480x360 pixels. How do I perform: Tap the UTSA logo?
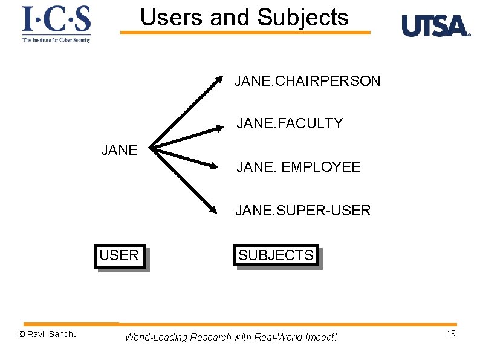[x=435, y=26]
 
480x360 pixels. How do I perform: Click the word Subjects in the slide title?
[x=302, y=17]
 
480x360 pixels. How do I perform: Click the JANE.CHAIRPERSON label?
[x=307, y=81]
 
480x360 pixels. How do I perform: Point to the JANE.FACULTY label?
[x=290, y=123]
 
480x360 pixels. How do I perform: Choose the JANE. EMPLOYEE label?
[x=299, y=167]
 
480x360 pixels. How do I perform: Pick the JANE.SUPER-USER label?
[x=303, y=211]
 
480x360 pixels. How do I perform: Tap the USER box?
[x=120, y=255]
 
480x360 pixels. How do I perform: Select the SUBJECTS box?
[x=276, y=255]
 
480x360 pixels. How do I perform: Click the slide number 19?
[x=451, y=334]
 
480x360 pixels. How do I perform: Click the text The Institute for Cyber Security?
[x=56, y=40]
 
